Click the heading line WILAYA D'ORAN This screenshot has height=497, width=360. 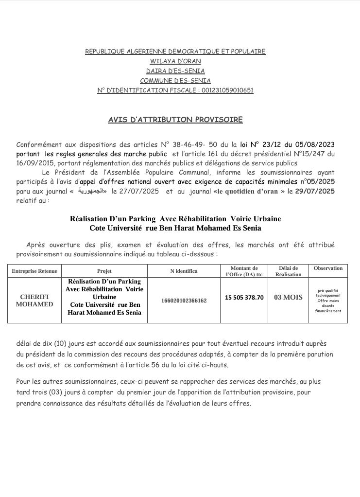(175, 61)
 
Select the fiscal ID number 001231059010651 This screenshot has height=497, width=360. (228, 90)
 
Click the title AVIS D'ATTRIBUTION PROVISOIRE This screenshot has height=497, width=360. (175, 119)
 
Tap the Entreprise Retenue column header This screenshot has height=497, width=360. (34, 271)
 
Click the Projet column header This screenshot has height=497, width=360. (104, 271)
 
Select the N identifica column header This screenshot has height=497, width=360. (184, 271)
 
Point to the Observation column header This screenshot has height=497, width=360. (328, 268)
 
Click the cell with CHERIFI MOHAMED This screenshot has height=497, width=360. (34, 301)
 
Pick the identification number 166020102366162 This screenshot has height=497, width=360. (184, 301)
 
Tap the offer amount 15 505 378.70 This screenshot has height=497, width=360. (244, 297)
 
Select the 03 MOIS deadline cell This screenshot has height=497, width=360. (288, 297)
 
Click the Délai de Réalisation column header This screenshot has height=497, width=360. (288, 271)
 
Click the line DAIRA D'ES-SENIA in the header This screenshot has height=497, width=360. (175, 71)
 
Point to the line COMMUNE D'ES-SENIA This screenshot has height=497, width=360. (175, 80)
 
